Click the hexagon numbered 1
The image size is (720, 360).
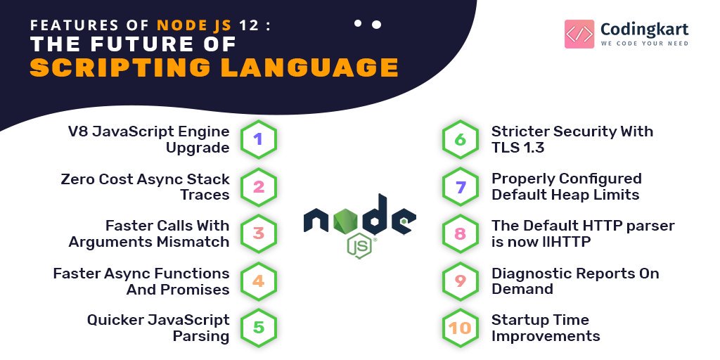258,139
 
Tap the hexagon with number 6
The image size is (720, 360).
461,139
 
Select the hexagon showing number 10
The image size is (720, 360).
461,328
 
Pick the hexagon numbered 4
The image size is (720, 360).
258,281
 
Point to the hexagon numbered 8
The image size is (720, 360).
461,233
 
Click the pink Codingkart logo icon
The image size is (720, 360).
579,33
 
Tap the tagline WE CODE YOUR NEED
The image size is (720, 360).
644,44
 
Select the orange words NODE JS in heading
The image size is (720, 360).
196,25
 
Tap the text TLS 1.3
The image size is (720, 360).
517,148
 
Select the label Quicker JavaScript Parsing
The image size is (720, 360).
158,328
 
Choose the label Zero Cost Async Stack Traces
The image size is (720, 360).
144,186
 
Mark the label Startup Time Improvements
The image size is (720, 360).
545,328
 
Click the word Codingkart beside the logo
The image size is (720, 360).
644,30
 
